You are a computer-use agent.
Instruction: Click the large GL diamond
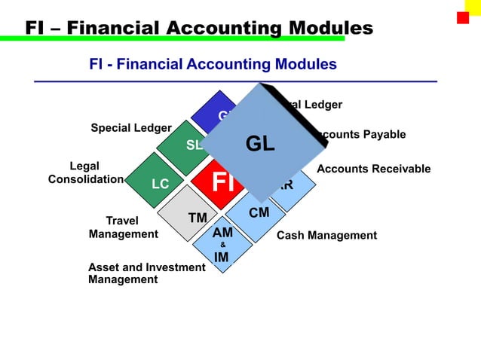[260, 143]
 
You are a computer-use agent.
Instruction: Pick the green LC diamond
[160, 183]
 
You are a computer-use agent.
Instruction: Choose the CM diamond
[258, 215]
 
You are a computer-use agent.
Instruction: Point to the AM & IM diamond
[222, 245]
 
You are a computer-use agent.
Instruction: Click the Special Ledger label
[131, 128]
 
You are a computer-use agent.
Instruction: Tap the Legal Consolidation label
[84, 172]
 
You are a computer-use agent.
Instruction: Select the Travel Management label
[123, 227]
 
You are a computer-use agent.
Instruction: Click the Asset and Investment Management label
[146, 273]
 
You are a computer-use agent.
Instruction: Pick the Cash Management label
[326, 236]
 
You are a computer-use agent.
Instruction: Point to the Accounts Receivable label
[373, 169]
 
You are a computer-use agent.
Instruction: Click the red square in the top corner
[462, 18]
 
